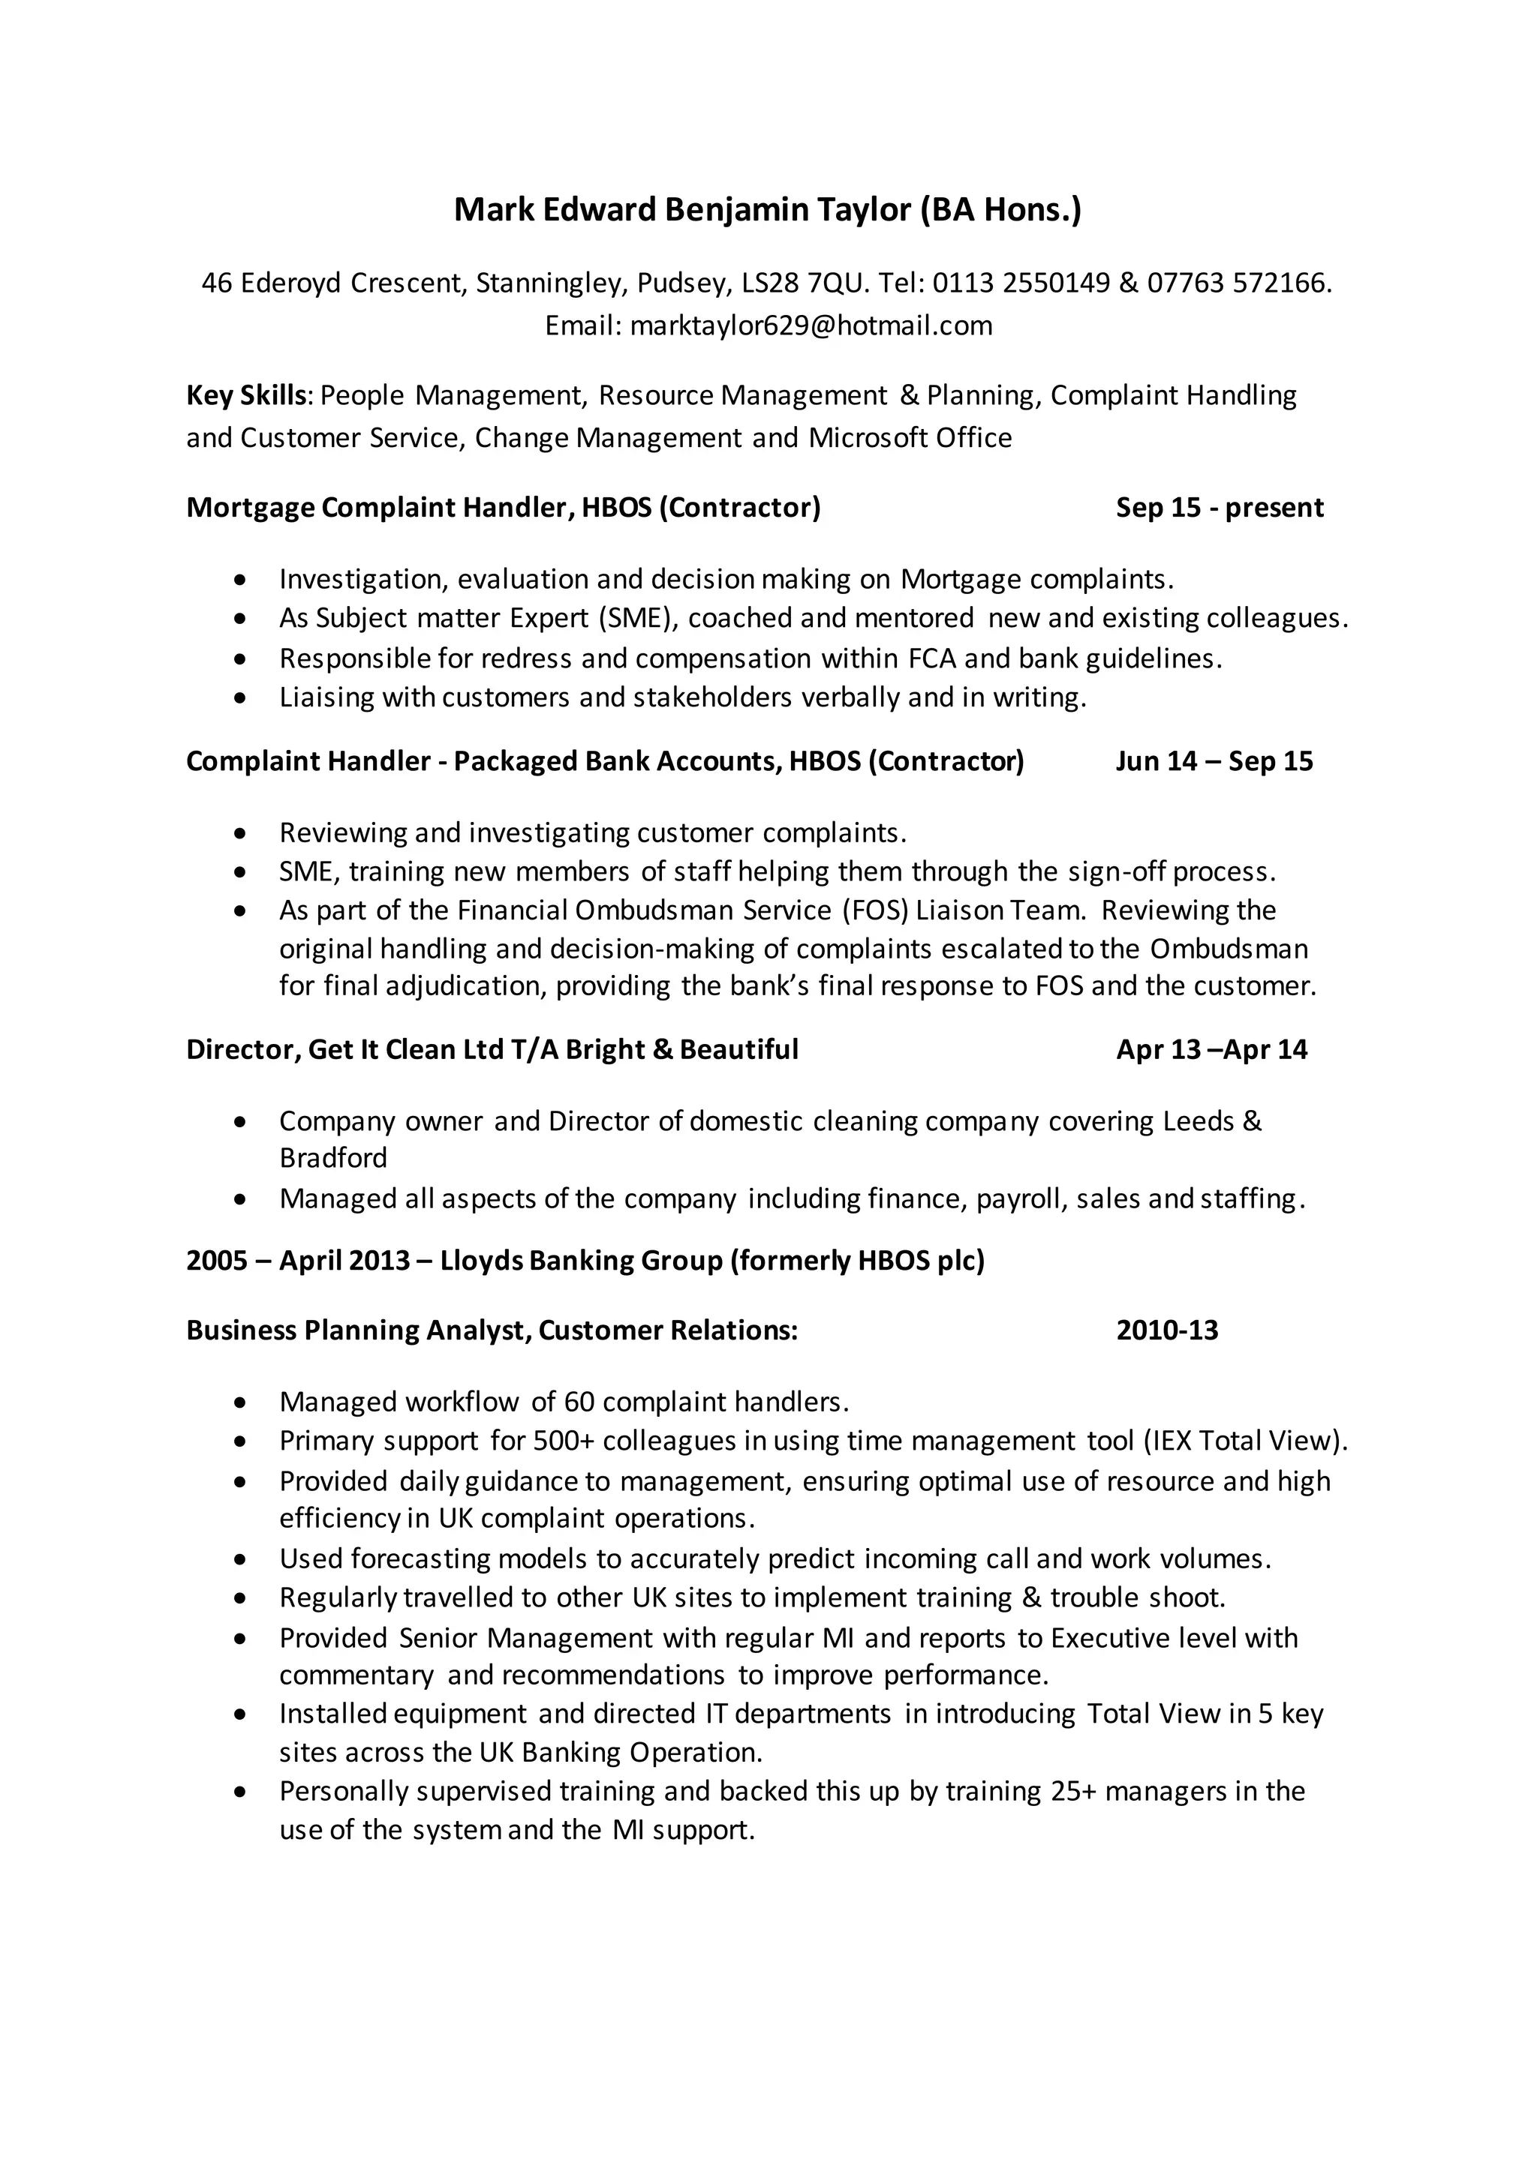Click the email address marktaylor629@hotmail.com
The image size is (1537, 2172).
pos(811,325)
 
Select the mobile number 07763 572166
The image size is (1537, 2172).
pos(1237,283)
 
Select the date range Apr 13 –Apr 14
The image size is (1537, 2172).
pos(1211,1050)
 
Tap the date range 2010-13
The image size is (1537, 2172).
pos(1167,1331)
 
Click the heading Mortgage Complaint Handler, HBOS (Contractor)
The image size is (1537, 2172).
pos(503,508)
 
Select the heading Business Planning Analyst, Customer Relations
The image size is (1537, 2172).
pos(492,1331)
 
